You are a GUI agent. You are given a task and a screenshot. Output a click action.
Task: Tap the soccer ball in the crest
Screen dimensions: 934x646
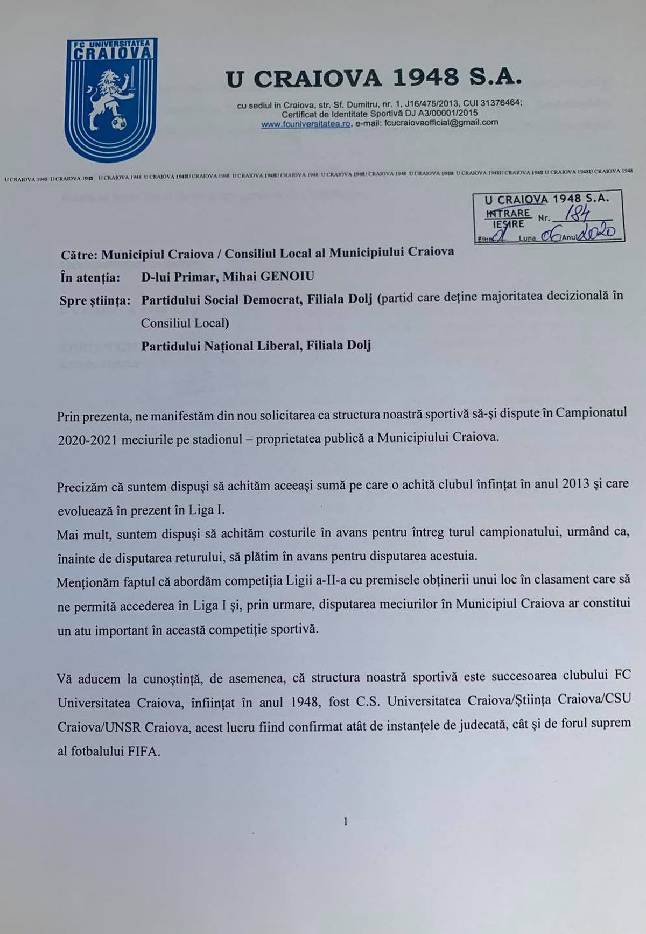(x=119, y=124)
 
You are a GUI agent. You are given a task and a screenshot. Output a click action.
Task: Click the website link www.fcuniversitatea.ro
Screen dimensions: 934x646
(x=306, y=124)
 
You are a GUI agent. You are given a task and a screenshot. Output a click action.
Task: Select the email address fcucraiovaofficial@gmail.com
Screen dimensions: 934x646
(x=440, y=123)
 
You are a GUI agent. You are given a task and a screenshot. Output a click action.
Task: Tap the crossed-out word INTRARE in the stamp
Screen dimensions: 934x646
(x=508, y=213)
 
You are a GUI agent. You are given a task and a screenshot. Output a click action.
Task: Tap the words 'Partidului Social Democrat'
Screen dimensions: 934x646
(x=222, y=299)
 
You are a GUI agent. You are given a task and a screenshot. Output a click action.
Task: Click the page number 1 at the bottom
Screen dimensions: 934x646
(x=345, y=821)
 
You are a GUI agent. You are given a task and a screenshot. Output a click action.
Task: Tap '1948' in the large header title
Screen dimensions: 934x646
(x=426, y=79)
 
